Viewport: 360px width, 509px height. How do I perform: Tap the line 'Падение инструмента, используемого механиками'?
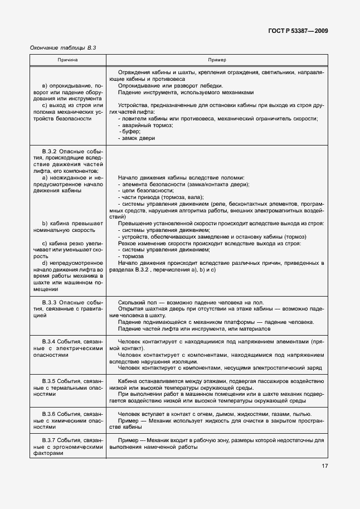click(x=186, y=92)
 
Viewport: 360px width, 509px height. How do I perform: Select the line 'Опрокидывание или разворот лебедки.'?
click(x=171, y=85)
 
